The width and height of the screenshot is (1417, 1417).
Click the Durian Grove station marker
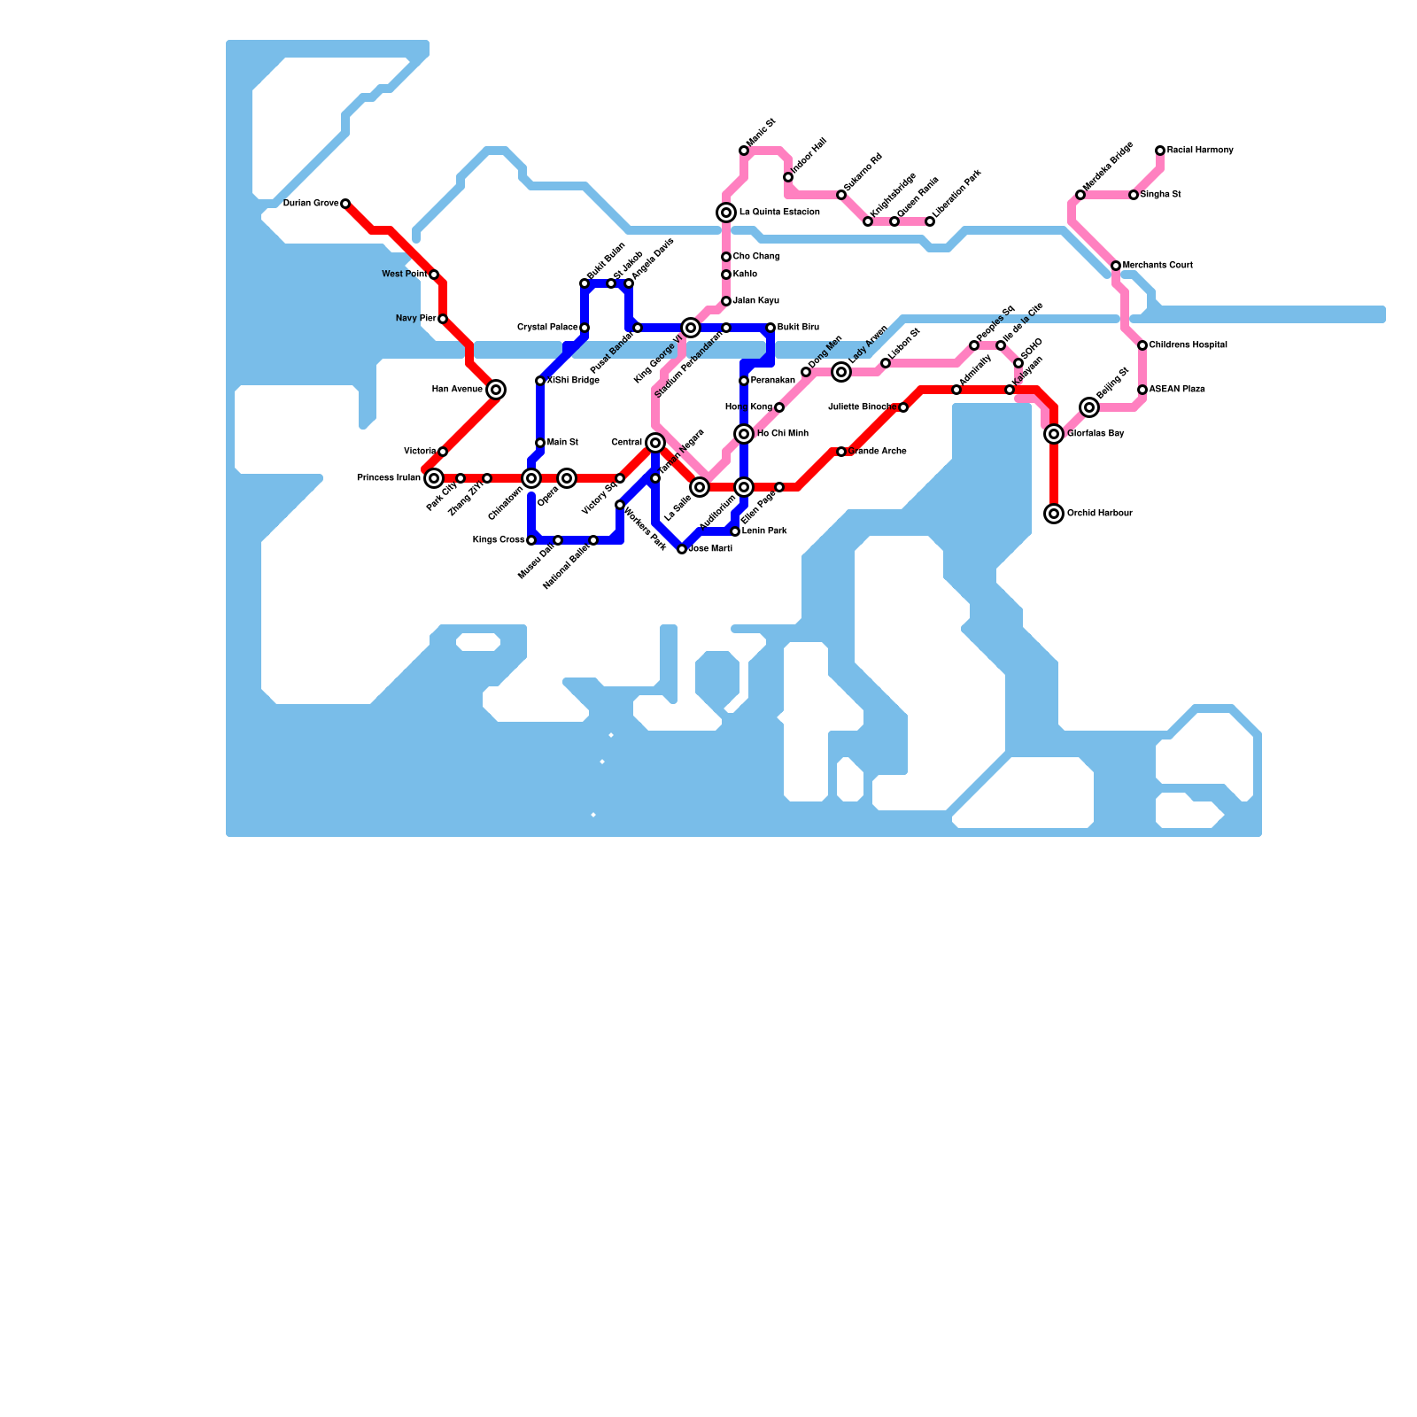pyautogui.click(x=345, y=204)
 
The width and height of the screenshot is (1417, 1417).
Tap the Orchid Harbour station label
pyautogui.click(x=1099, y=514)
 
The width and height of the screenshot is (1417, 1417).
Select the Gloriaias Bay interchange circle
pyautogui.click(x=1054, y=434)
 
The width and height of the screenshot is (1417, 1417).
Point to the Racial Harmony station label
pyautogui.click(x=1199, y=151)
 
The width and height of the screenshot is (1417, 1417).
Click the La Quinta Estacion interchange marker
pyautogui.click(x=726, y=213)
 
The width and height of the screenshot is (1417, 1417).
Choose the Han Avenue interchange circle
pyautogui.click(x=496, y=390)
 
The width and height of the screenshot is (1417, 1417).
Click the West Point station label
pyautogui.click(x=404, y=275)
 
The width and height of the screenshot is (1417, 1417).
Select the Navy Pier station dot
pyautogui.click(x=443, y=319)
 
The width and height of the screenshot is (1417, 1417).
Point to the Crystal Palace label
pyautogui.click(x=546, y=328)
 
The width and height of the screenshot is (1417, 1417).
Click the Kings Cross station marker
pyautogui.click(x=531, y=540)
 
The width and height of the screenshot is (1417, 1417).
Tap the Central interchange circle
pyautogui.click(x=655, y=443)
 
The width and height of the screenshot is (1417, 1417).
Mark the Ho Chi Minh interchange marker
pyautogui.click(x=744, y=434)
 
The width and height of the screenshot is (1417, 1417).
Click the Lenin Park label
pyautogui.click(x=763, y=531)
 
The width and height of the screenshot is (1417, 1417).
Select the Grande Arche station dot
pyautogui.click(x=841, y=452)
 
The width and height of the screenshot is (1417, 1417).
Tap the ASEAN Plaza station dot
pyautogui.click(x=1142, y=390)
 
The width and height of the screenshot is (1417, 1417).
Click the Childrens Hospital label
pyautogui.click(x=1188, y=345)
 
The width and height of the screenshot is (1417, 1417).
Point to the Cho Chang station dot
pyautogui.click(x=726, y=257)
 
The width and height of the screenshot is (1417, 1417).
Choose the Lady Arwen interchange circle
pyautogui.click(x=841, y=372)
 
